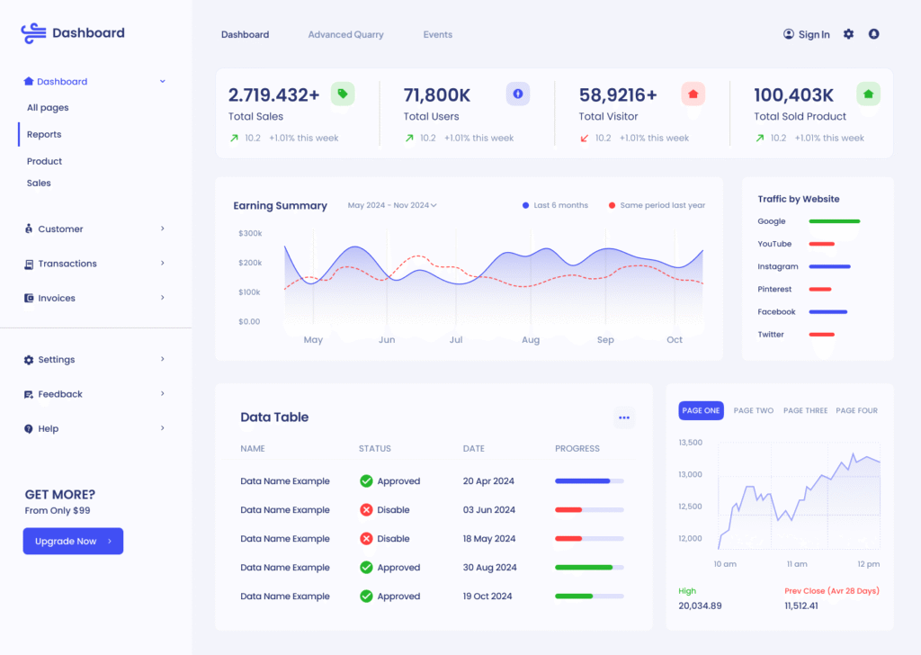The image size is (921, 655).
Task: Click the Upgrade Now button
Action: [x=73, y=541]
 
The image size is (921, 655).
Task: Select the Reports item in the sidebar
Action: [x=44, y=134]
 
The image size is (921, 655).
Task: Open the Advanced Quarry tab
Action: [x=345, y=34]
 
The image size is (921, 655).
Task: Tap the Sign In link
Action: [x=807, y=34]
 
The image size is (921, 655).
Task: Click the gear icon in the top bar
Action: [x=848, y=34]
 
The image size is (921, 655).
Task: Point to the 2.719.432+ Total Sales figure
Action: [x=273, y=94]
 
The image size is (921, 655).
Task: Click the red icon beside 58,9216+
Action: [x=693, y=94]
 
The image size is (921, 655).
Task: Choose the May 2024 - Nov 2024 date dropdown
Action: [x=392, y=205]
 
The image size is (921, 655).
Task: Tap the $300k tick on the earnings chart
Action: [x=250, y=233]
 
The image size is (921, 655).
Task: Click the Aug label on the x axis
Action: [x=531, y=340]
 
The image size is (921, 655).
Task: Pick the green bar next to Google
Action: [x=835, y=221]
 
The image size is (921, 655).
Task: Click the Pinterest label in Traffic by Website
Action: [x=774, y=289]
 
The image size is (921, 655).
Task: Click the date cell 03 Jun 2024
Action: [x=489, y=510]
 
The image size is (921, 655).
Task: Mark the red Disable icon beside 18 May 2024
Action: [x=366, y=539]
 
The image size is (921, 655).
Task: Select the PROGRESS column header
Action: [x=577, y=448]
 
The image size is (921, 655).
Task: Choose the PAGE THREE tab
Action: [x=805, y=410]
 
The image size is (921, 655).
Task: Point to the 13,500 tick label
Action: [x=690, y=443]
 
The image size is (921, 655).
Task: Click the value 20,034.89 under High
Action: [x=700, y=606]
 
